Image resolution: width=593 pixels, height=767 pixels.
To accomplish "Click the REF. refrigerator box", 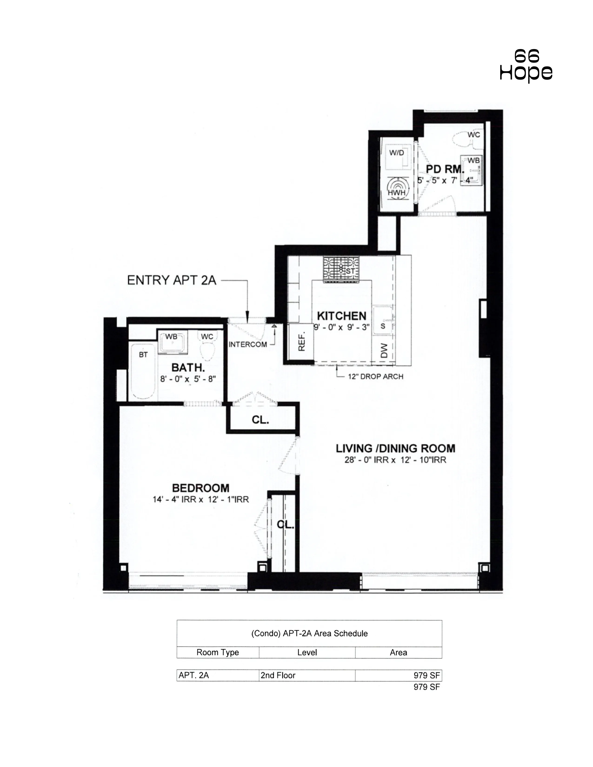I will click(x=301, y=341).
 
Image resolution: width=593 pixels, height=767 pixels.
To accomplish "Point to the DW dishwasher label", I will click(x=384, y=350).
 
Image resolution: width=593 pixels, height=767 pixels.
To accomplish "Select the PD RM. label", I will click(x=444, y=169).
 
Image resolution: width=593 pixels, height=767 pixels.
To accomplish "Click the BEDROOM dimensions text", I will click(x=201, y=499).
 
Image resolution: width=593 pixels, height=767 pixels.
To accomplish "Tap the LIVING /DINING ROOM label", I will click(x=395, y=449).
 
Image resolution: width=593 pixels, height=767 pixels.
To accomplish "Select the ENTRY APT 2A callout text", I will click(x=171, y=280).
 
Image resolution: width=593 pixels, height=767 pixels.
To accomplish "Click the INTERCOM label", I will click(x=248, y=344).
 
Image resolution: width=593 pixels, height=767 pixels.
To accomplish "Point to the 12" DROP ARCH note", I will click(x=375, y=377).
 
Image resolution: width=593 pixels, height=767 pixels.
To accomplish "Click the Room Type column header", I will click(x=217, y=652).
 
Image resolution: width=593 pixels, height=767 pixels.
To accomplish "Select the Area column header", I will click(x=398, y=652).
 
